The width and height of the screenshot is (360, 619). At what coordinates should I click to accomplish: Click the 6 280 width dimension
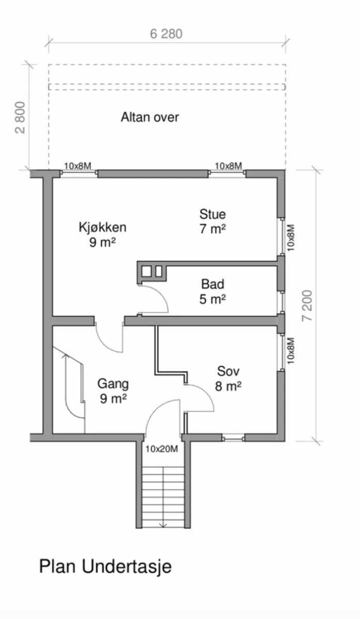tap(166, 34)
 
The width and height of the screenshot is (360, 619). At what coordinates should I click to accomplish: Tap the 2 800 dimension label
tap(20, 118)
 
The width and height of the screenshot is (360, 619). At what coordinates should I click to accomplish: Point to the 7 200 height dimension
tap(307, 305)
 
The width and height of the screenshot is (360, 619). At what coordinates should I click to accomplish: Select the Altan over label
tap(150, 117)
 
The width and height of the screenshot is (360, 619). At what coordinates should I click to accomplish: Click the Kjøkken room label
tap(103, 227)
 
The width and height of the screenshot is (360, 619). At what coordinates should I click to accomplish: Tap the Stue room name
tap(212, 214)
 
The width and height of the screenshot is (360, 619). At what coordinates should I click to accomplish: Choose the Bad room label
tap(212, 284)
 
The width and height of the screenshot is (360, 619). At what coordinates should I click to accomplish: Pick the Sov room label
tap(228, 371)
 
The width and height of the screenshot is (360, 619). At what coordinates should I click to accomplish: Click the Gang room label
tap(113, 384)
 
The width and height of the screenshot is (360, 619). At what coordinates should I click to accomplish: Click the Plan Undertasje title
tap(105, 566)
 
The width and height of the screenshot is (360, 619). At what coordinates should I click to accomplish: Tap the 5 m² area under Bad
tap(212, 299)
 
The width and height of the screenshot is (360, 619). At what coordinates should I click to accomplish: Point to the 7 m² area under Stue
tap(212, 229)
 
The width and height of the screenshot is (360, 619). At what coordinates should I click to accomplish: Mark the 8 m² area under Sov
tap(228, 386)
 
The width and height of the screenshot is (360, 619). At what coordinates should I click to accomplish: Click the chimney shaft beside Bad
tap(152, 272)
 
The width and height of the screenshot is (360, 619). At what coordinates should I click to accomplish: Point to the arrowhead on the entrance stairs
tap(163, 525)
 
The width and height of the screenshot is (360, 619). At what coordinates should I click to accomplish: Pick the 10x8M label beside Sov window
tap(291, 351)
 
